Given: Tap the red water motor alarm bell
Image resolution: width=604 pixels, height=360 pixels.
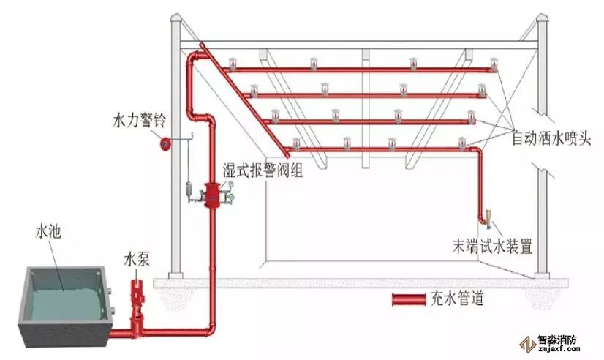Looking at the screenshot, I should pyautogui.click(x=166, y=143).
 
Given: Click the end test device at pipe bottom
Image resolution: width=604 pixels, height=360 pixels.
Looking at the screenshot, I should pyautogui.click(x=485, y=217).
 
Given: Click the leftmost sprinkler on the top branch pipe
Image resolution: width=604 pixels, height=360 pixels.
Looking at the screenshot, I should pyautogui.click(x=233, y=63).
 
